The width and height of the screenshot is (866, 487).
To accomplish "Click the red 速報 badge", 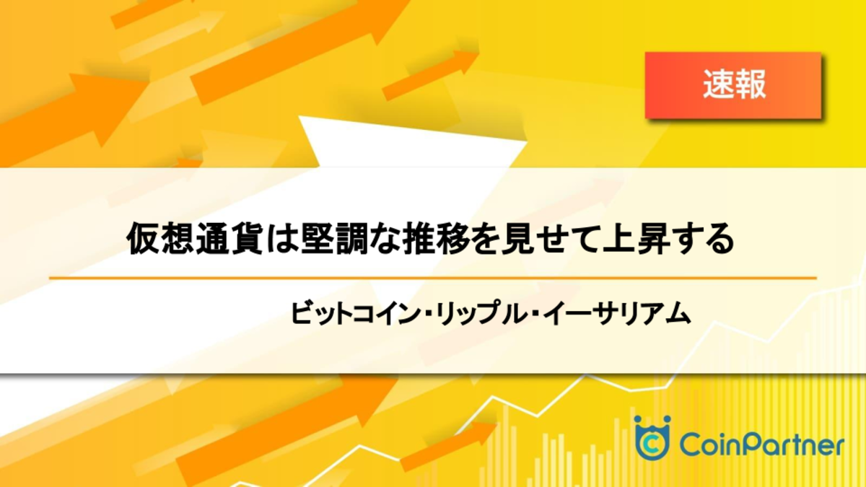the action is click(x=733, y=85).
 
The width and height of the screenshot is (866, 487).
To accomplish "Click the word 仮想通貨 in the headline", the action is click(x=195, y=239).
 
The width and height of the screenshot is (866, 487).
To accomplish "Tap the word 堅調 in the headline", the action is click(x=335, y=239).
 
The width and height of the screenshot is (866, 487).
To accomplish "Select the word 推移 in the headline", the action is click(x=437, y=239).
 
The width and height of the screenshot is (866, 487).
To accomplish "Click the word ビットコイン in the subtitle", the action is click(x=355, y=313).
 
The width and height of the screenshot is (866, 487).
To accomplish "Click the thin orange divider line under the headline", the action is click(x=432, y=278).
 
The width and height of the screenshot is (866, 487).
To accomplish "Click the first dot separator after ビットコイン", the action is click(x=428, y=314).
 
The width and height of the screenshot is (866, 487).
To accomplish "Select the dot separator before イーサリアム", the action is click(x=535, y=314).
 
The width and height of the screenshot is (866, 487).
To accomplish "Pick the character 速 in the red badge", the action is click(x=718, y=84).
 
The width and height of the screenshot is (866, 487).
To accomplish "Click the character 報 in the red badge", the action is click(x=751, y=84).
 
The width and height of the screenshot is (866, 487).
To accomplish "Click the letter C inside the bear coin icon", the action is click(x=652, y=445).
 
